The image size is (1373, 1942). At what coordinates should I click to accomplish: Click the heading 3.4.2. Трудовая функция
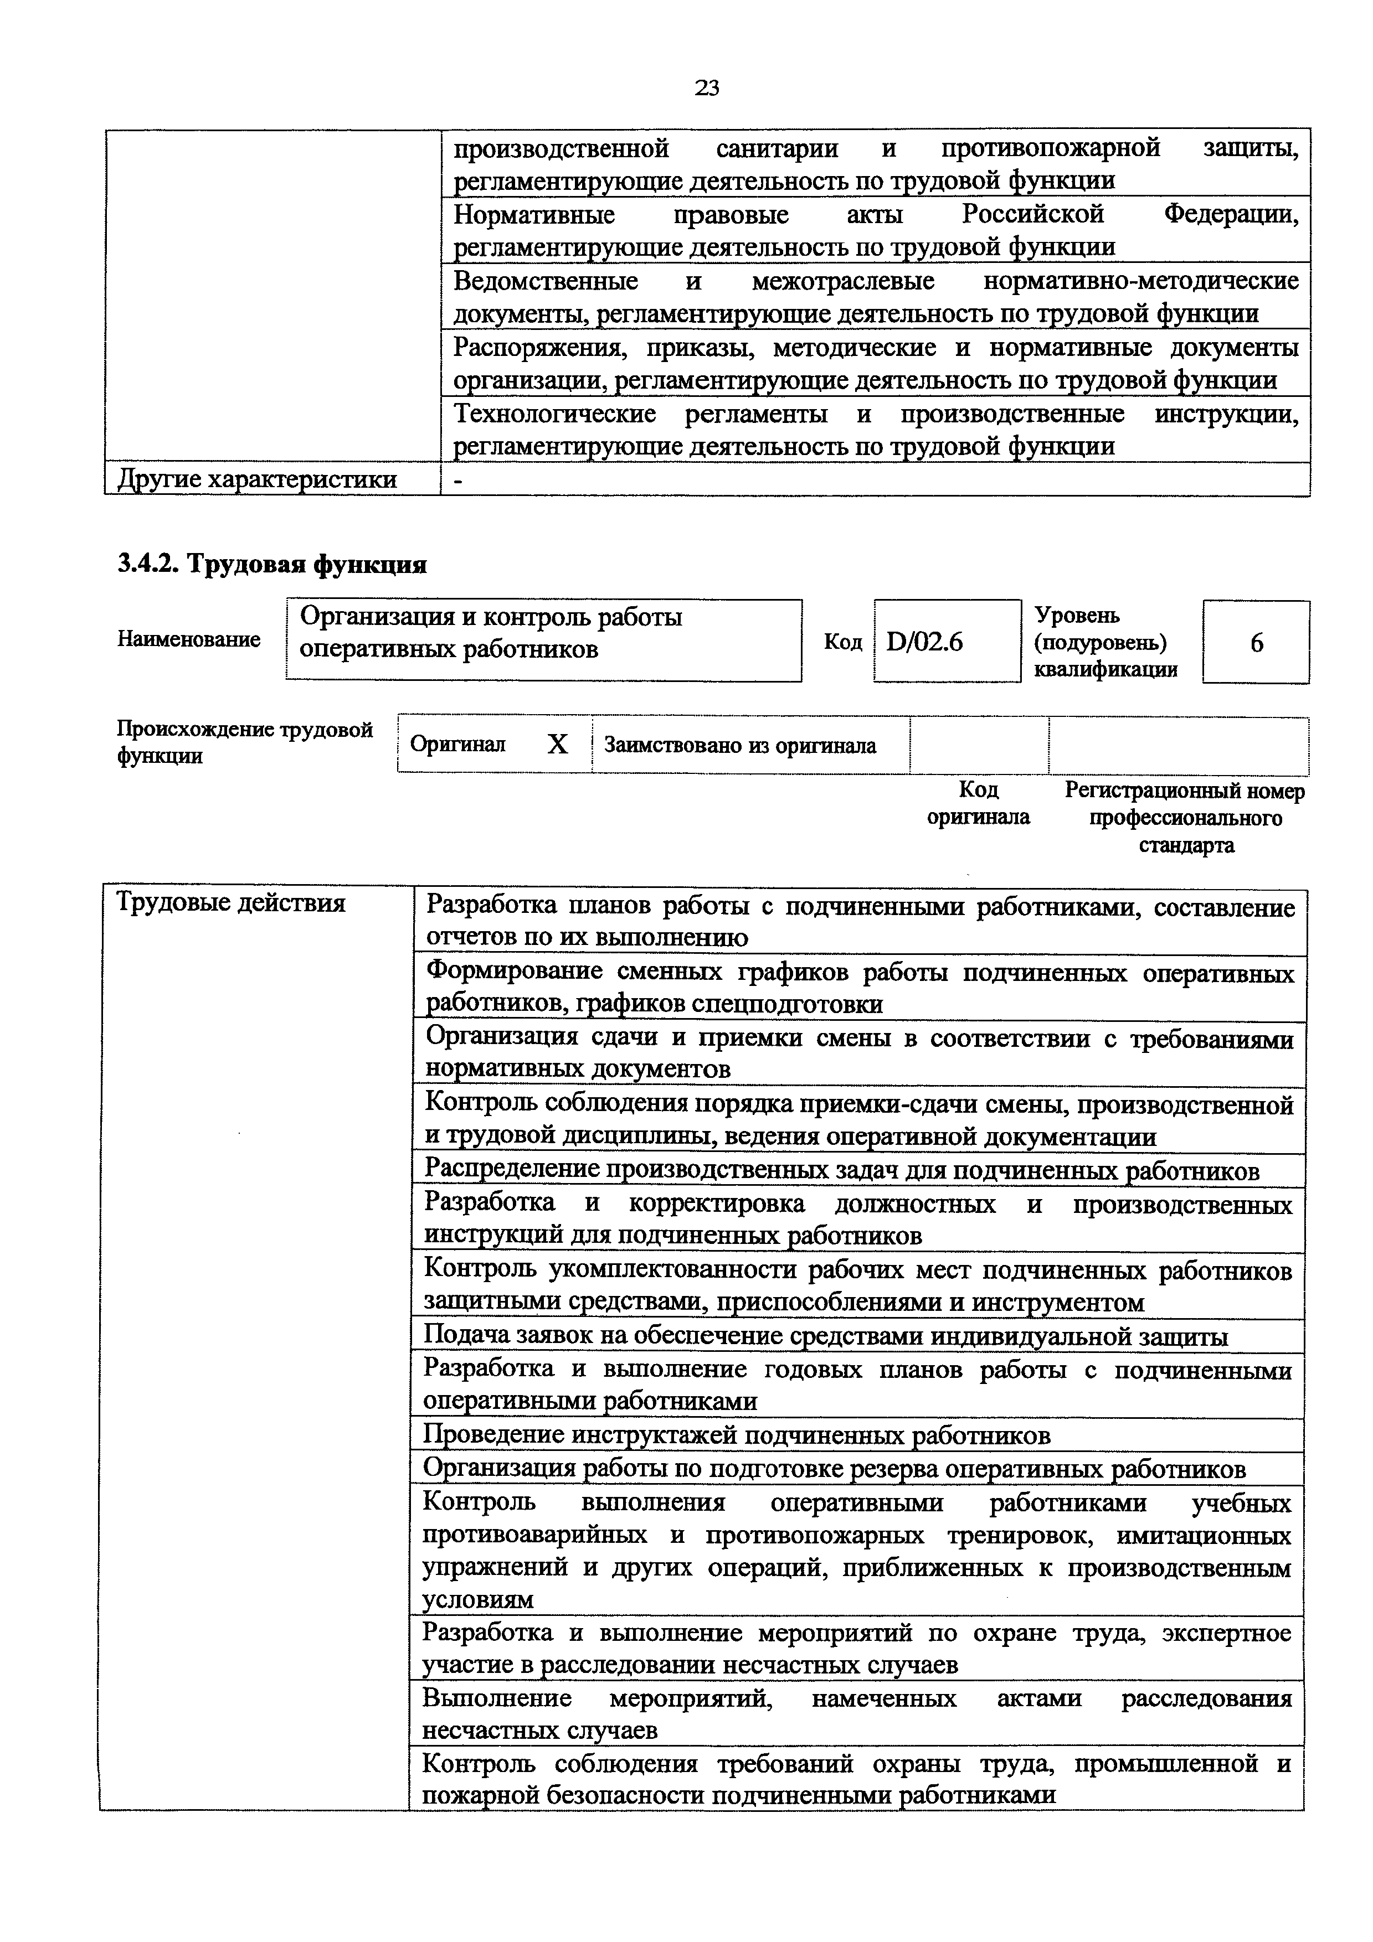pos(271,564)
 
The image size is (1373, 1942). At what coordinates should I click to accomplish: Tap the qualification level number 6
pos(1256,644)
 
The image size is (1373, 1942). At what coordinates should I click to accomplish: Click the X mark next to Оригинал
pos(558,745)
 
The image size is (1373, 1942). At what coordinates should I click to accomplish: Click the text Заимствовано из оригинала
pos(740,746)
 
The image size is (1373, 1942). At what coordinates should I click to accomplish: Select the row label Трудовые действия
pos(231,903)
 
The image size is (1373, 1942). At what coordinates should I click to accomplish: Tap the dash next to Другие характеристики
pos(459,479)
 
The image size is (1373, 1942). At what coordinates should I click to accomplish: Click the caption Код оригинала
pos(978,803)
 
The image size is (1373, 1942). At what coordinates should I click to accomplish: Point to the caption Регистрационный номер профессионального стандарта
pos(1185,817)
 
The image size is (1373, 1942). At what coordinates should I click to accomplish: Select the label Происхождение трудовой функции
pos(244,742)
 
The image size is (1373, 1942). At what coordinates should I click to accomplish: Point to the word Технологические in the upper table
pos(555,415)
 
